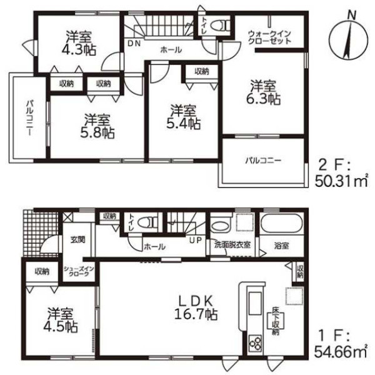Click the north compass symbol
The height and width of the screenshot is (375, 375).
(x=348, y=39)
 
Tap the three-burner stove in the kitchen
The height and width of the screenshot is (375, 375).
(x=256, y=343)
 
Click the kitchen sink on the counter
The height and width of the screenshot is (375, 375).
(x=255, y=303)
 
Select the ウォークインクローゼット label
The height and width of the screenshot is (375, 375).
(x=269, y=37)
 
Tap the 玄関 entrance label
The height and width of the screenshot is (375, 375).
(x=78, y=240)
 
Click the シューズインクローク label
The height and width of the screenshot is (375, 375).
(x=79, y=271)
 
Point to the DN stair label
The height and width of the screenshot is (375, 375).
(x=134, y=43)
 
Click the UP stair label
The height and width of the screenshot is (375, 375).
(x=196, y=240)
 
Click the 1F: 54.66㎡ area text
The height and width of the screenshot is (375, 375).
(x=340, y=344)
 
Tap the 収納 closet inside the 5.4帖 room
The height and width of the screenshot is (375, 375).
(x=202, y=71)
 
